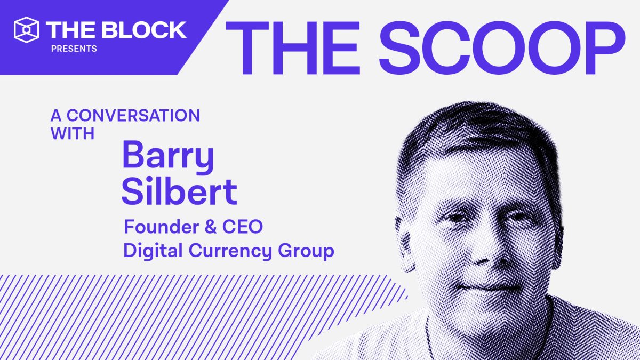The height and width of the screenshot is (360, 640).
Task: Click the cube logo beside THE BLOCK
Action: click(26, 29)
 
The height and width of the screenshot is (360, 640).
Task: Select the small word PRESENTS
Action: click(74, 49)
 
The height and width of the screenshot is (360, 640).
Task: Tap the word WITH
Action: click(73, 133)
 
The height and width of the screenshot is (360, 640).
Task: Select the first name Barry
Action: click(168, 155)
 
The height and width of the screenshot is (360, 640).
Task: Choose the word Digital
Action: click(149, 251)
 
